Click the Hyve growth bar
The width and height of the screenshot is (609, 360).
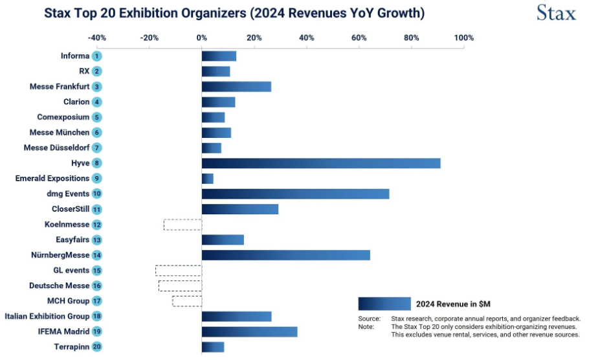coord(321,163)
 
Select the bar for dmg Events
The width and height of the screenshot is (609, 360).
coord(295,194)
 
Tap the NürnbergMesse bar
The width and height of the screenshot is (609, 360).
coord(285,255)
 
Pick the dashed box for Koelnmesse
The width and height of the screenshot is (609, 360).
coord(183,225)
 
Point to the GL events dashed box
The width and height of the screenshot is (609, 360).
coord(179,271)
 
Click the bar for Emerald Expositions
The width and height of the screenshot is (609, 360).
coord(208,179)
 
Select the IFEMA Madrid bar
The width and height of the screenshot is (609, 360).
coord(249,332)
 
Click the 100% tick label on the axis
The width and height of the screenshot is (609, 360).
coord(464,38)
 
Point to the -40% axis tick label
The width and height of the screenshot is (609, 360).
coord(96,38)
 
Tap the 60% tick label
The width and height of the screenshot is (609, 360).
coord(359,38)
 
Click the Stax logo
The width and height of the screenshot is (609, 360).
coord(556,12)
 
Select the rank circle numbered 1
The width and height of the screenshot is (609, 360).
coord(96,56)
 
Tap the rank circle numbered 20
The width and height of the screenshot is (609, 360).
coord(96,347)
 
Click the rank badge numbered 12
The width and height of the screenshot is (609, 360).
coord(96,225)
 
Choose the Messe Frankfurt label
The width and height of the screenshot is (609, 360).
coord(60,87)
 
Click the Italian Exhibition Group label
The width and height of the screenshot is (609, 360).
coord(47,316)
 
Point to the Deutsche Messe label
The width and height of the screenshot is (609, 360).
coord(59,286)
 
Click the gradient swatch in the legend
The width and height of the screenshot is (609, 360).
coord(384,304)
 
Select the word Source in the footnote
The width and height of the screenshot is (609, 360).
coord(369,319)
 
